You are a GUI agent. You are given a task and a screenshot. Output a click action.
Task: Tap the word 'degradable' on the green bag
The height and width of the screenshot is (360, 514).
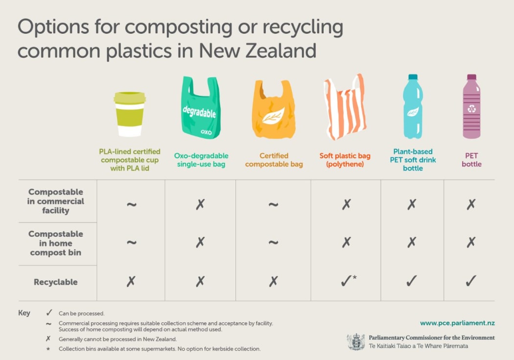coord(199,112)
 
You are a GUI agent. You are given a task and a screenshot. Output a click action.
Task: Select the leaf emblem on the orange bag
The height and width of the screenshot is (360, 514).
coord(272,116)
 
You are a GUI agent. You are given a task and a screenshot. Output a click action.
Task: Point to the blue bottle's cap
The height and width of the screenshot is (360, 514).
coord(413,77)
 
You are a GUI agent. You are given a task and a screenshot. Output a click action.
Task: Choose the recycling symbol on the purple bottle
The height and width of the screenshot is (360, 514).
coord(471,109)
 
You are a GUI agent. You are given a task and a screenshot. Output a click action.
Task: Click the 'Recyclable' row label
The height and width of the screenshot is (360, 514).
coord(55,282)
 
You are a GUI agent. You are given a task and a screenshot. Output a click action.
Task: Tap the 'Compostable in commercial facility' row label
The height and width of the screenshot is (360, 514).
coord(55,201)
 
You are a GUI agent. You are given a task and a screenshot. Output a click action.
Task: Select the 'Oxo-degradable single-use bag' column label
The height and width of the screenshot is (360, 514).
coord(201,160)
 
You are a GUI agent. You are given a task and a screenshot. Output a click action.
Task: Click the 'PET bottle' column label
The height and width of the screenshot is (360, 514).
coord(471,160)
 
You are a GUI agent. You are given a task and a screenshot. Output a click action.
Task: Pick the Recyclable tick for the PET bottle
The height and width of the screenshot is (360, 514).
coord(471,281)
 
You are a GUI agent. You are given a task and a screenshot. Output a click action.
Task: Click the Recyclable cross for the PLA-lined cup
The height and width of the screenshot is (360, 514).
coord(131,281)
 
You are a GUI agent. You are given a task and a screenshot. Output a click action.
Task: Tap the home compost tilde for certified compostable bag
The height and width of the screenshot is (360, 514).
coord(273,242)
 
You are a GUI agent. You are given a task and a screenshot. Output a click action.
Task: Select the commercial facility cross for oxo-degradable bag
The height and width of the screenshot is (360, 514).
coord(200,204)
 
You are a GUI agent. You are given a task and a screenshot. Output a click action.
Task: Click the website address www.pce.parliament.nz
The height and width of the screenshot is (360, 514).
coord(457,323)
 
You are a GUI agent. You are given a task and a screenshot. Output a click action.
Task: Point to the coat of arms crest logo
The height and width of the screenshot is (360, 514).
coord(356,342)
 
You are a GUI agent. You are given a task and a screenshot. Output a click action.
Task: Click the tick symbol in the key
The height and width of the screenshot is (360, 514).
coord(49,313)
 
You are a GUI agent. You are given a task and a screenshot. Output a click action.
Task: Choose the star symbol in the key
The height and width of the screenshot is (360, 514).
coord(48,349)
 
